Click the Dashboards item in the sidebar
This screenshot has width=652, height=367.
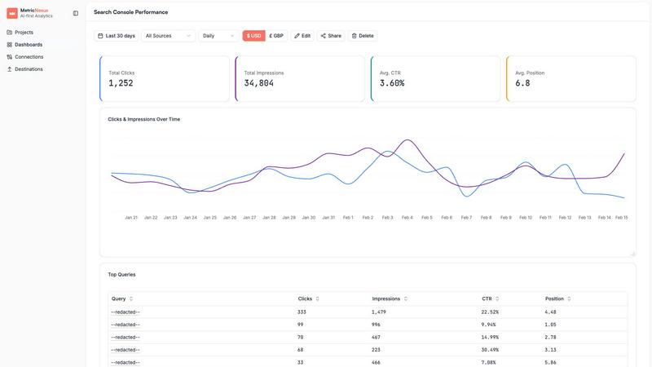coord(29,45)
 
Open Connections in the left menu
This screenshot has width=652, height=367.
coord(29,57)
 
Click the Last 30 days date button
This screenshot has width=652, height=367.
coord(116,36)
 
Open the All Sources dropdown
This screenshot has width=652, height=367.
coord(167,36)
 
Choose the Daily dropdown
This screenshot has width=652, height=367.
coord(218,36)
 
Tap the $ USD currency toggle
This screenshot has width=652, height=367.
coord(253,36)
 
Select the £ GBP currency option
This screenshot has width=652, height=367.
coord(276,36)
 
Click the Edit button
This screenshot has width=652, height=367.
coord(302,36)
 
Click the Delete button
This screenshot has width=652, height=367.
coord(362,36)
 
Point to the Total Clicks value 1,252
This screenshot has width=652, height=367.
coord(121,83)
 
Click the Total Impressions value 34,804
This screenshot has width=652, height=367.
coord(259,83)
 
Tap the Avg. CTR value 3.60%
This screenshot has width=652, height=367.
coord(392,83)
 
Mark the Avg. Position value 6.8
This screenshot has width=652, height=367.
coord(522,83)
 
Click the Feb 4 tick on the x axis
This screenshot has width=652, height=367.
coord(406,218)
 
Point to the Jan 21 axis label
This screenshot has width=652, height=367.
coord(131,218)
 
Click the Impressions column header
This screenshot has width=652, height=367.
coord(386,298)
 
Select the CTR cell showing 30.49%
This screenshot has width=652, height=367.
coord(491,350)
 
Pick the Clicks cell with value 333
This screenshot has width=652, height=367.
coord(302,312)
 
